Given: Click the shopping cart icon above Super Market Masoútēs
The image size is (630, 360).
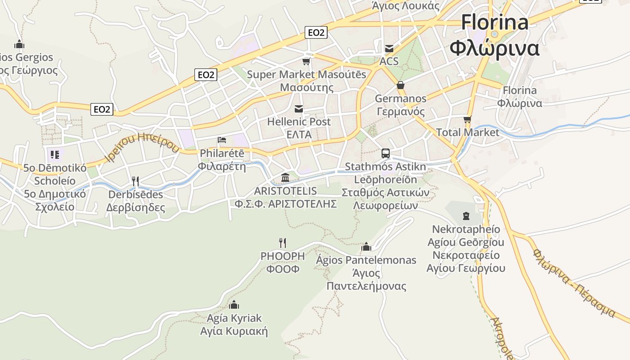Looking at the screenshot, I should click(x=306, y=61).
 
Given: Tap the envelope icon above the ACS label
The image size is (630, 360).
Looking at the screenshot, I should click(x=389, y=48).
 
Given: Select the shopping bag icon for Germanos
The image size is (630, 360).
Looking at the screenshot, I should click(x=400, y=85).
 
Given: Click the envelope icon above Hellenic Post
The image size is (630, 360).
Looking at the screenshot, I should click(x=299, y=108).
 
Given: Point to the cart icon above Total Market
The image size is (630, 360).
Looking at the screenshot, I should click(x=468, y=119).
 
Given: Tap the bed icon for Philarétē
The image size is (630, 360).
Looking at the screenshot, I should click(x=222, y=140).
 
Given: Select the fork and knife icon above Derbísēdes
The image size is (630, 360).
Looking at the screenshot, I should click(x=135, y=181).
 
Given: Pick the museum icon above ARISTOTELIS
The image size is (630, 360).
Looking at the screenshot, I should click(x=285, y=178).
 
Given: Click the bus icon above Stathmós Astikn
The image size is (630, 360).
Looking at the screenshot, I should click(x=386, y=153).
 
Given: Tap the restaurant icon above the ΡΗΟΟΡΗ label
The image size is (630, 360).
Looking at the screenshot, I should click(x=283, y=243).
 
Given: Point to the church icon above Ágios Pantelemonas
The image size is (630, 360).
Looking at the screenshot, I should click(x=366, y=247).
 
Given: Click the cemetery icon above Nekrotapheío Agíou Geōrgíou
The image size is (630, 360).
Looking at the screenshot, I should click(x=466, y=216).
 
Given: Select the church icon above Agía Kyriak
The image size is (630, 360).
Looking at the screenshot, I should click(x=234, y=305).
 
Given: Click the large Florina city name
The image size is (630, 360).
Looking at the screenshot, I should click(x=495, y=22).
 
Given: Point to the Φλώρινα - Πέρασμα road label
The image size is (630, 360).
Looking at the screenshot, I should click(x=574, y=282).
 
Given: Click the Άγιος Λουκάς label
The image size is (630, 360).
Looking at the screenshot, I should click(x=405, y=6).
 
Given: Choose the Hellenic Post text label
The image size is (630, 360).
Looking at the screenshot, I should click(x=299, y=121).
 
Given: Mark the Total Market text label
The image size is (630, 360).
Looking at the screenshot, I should click(x=468, y=132).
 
